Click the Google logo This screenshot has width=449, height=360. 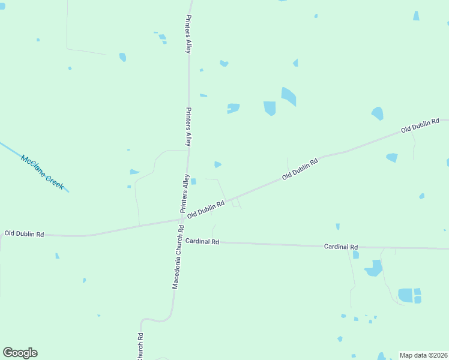click(20, 353)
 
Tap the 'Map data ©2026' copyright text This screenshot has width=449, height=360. click(423, 355)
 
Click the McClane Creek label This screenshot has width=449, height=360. click(42, 173)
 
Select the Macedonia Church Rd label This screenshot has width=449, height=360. click(177, 257)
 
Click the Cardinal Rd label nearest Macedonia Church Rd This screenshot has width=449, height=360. click(202, 241)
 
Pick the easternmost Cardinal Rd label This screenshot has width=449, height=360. click(341, 247)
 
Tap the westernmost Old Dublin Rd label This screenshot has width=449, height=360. click(24, 233)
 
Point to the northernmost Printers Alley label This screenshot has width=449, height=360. click(188, 34)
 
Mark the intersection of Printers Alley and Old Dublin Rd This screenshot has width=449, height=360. click(182, 220)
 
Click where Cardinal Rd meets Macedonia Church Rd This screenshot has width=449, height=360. click(179, 242)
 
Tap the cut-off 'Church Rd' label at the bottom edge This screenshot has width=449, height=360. click(140, 346)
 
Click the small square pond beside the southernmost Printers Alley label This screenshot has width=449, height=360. click(193, 181)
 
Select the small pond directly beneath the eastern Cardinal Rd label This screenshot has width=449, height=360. click(355, 255)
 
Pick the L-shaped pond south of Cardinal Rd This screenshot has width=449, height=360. click(374, 268)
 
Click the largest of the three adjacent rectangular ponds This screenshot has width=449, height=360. click(405, 295)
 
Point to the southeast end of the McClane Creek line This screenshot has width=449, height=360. click(68, 191)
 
